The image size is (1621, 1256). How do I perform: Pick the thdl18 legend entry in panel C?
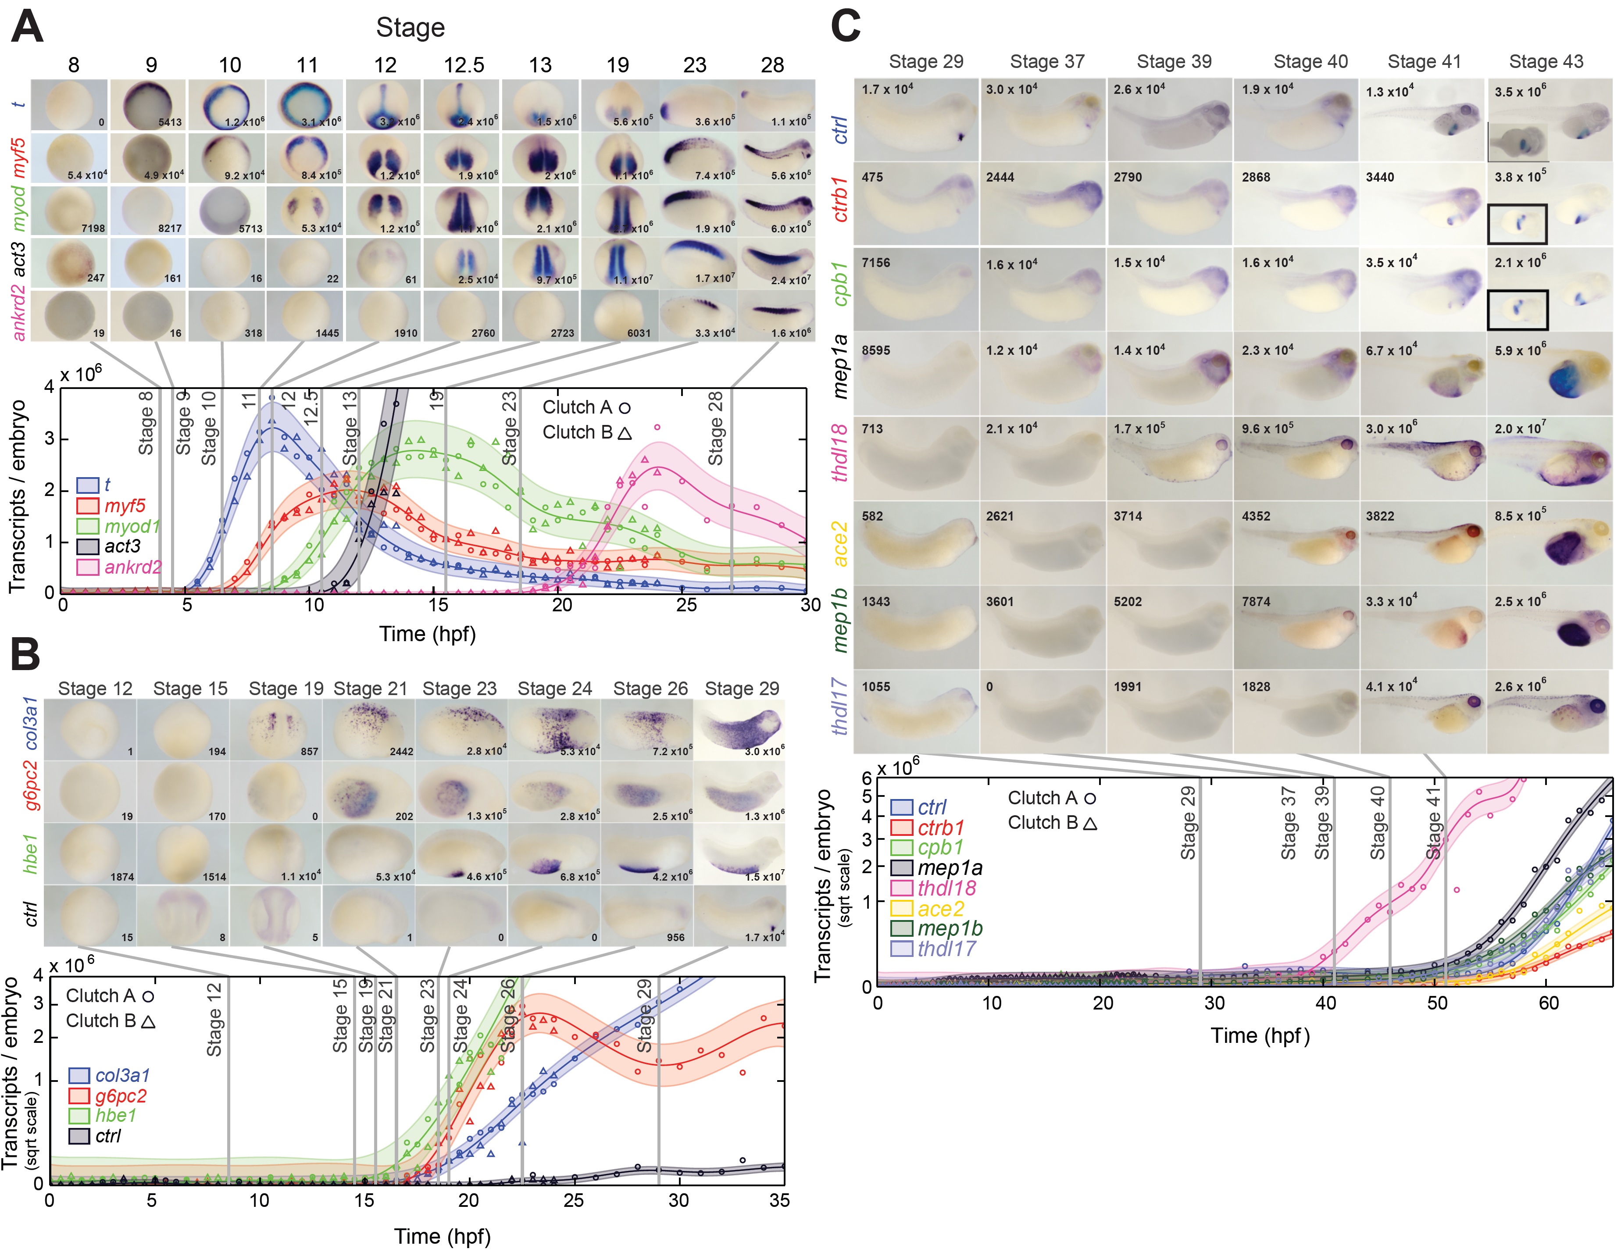click(x=946, y=888)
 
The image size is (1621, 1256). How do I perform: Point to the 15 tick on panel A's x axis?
click(x=438, y=605)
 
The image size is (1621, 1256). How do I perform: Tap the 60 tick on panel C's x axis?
click(x=1548, y=1003)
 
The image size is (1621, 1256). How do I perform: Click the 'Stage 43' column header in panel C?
click(x=1546, y=61)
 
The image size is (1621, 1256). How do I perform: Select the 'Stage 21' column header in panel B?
click(x=370, y=689)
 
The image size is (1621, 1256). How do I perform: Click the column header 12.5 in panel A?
click(x=464, y=65)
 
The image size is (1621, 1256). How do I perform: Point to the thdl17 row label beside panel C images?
click(x=839, y=706)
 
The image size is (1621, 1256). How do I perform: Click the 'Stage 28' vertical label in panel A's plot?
click(x=715, y=429)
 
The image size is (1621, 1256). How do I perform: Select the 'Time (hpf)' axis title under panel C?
click(x=1260, y=1035)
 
